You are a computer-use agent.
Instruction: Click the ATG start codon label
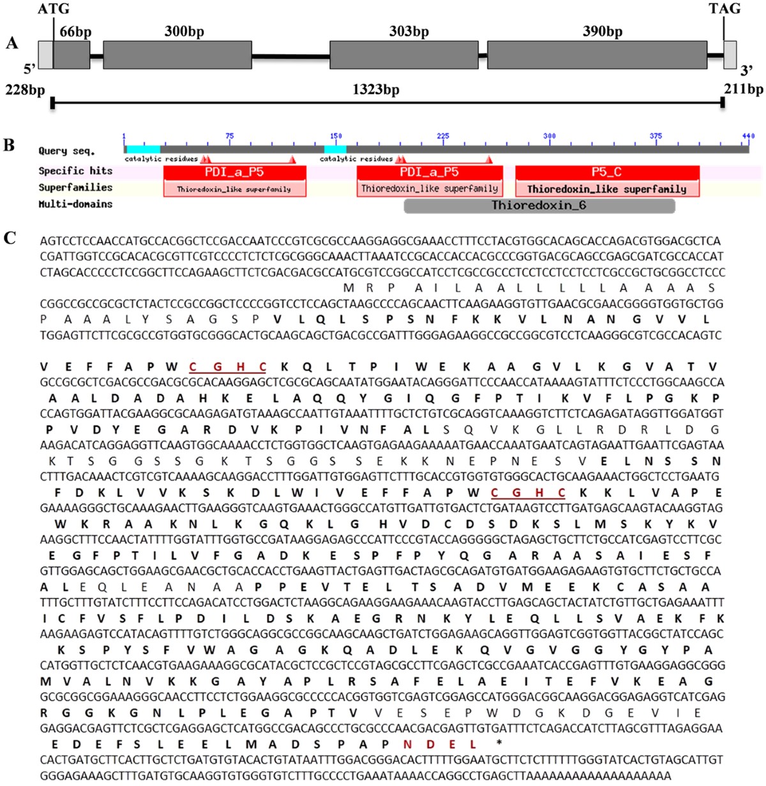point(54,9)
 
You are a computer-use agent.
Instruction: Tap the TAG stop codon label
point(725,9)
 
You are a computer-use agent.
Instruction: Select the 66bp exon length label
point(75,32)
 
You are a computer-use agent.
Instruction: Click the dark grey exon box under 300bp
point(177,55)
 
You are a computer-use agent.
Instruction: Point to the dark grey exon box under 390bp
point(597,55)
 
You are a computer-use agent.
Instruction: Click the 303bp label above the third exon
point(409,31)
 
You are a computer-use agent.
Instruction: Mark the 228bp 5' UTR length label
point(26,89)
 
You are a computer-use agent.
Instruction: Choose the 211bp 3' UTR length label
point(743,89)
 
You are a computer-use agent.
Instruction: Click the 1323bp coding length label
point(376,89)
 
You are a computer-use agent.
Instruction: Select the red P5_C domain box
point(607,172)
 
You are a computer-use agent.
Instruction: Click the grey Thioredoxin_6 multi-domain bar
point(539,205)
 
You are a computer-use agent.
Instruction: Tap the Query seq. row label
point(66,151)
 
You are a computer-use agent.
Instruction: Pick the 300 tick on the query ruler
point(549,136)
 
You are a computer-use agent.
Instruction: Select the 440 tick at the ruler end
point(747,136)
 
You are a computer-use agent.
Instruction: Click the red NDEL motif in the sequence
point(439,744)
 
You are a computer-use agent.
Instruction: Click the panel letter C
point(10,238)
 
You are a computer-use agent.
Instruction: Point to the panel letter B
point(9,145)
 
